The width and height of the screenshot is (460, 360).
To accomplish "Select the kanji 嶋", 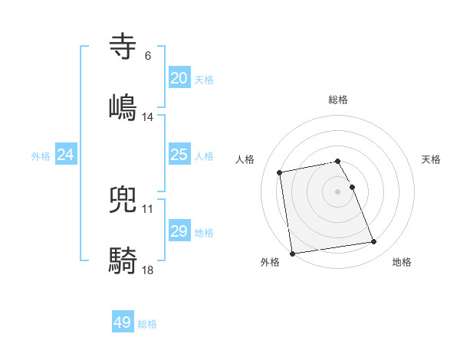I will pyautogui.click(x=123, y=105).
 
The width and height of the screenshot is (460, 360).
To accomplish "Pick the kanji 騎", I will pyautogui.click(x=123, y=260).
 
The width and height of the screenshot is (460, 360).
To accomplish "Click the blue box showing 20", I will pyautogui.click(x=179, y=78).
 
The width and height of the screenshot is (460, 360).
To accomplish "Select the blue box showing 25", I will pyautogui.click(x=179, y=155).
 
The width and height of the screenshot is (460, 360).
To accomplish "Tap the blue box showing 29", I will pyautogui.click(x=179, y=231).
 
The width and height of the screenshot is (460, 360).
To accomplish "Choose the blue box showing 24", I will pyautogui.click(x=65, y=155).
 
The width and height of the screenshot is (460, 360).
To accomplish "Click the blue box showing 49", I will pyautogui.click(x=123, y=322).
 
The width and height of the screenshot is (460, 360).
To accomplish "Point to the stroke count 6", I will pyautogui.click(x=148, y=56).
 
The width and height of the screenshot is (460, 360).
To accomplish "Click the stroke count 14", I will pyautogui.click(x=148, y=117).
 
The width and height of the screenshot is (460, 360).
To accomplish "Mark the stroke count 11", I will pyautogui.click(x=148, y=209).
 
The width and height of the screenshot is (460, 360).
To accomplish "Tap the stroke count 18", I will pyautogui.click(x=148, y=270).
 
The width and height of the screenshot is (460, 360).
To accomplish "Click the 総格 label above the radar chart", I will pyautogui.click(x=338, y=100).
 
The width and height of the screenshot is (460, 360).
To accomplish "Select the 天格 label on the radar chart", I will pyautogui.click(x=432, y=159).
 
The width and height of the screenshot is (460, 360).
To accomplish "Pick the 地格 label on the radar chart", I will pyautogui.click(x=402, y=263).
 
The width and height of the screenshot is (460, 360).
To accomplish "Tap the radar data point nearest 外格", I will pyautogui.click(x=292, y=253).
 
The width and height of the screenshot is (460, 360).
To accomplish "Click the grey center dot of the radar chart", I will pyautogui.click(x=338, y=191).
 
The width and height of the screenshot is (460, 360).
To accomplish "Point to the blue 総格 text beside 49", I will pyautogui.click(x=147, y=324).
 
